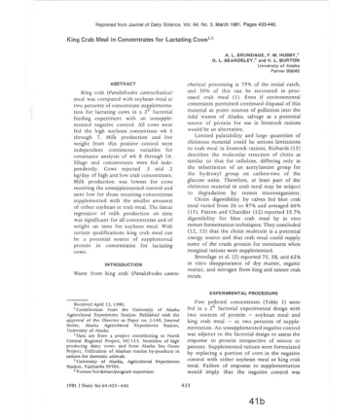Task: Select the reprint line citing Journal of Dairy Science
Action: point(180,9)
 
